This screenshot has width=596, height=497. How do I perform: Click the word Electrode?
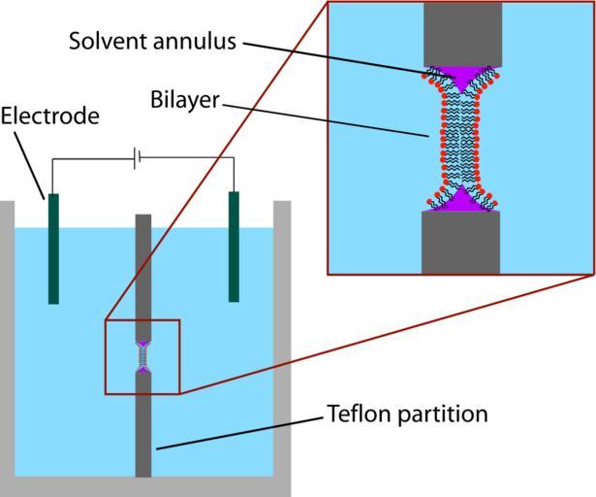(49, 117)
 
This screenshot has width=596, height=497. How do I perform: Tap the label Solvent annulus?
(152, 41)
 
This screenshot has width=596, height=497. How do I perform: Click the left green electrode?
(53, 248)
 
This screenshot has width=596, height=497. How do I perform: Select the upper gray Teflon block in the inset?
(462, 34)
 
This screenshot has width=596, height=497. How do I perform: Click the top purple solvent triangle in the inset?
(461, 76)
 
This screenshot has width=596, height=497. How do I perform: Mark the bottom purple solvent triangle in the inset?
(461, 201)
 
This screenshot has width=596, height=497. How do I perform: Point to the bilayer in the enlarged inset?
(461, 138)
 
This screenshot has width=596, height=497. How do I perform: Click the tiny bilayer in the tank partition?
(143, 358)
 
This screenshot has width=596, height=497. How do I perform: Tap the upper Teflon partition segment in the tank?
(143, 277)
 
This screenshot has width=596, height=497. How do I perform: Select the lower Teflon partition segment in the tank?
(143, 427)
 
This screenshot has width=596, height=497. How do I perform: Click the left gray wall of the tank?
(8, 340)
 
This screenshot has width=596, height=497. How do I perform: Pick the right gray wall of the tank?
(282, 340)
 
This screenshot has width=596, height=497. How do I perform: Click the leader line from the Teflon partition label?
(242, 432)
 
